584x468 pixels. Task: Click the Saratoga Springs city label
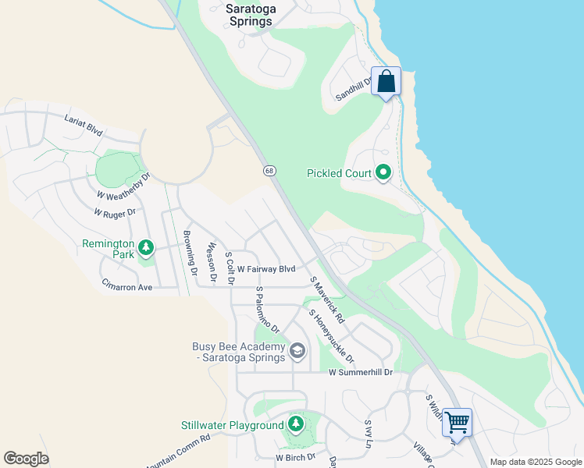(249, 15)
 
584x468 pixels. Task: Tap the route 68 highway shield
(269, 170)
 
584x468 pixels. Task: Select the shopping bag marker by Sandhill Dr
(386, 81)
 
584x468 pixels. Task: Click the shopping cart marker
(457, 422)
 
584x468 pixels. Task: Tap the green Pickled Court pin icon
(383, 172)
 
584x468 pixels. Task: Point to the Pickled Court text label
(340, 173)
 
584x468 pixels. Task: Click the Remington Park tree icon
(145, 248)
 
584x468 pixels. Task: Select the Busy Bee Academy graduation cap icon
(297, 352)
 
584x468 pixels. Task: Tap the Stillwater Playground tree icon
(295, 424)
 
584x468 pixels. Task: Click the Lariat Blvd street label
(84, 123)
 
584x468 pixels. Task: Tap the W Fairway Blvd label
(266, 269)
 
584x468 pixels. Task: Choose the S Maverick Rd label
(327, 300)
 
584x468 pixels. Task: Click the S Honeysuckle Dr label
(332, 336)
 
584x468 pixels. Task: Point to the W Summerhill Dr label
(360, 373)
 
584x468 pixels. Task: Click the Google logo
(26, 458)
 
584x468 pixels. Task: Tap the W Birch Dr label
(295, 457)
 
